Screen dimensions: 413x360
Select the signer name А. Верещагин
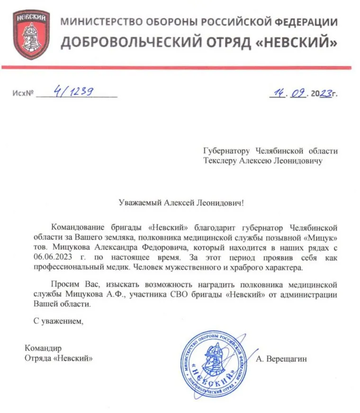(x=281, y=359)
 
